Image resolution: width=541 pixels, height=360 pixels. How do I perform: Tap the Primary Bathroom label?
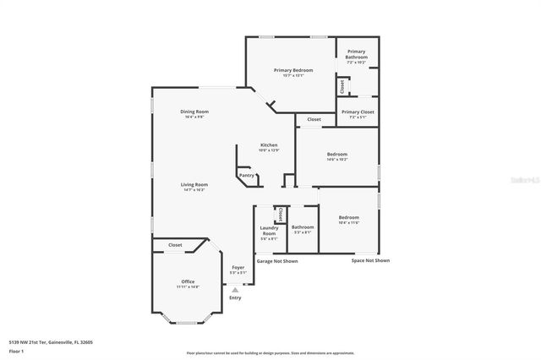[356, 55]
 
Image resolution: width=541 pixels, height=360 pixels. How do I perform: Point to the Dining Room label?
[194, 112]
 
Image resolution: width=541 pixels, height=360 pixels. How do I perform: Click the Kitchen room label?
[269, 145]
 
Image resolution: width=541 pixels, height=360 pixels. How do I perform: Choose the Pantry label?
[247, 175]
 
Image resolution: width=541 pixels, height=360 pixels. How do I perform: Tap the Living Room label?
[194, 184]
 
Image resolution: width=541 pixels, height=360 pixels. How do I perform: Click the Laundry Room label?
[269, 230]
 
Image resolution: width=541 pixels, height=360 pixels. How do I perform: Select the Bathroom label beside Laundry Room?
[303, 226]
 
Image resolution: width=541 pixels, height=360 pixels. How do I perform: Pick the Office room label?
[188, 281]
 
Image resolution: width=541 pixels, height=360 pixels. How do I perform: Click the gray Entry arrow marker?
[235, 289]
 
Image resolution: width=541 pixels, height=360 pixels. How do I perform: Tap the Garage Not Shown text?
[277, 261]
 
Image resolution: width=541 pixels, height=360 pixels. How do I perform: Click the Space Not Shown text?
[370, 260]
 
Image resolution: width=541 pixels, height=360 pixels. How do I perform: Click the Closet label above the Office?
[175, 244]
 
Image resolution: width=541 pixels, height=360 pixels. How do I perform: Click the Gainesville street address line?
[51, 341]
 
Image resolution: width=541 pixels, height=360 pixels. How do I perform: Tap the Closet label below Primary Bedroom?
[314, 119]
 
